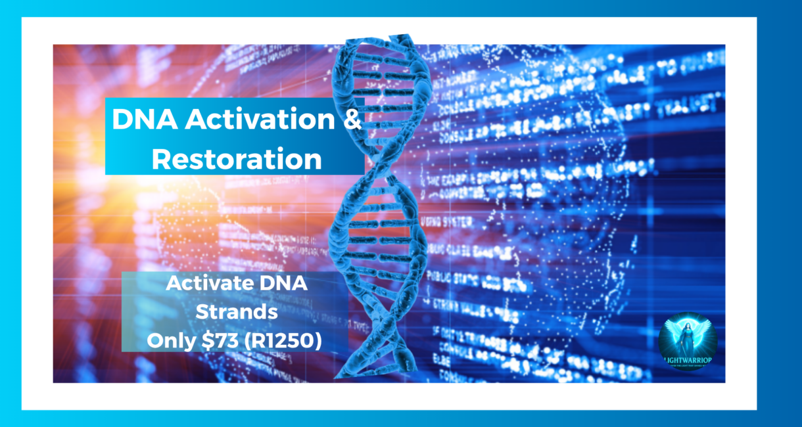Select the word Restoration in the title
[237, 159]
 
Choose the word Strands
[237, 313]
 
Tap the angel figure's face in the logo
[688, 326]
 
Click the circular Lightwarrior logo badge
[688, 340]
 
